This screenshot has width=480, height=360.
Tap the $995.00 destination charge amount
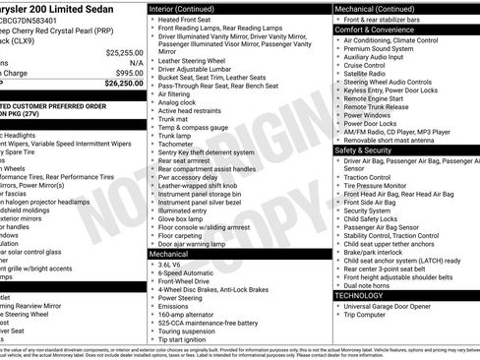129,73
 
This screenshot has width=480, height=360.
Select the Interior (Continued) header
188,8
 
